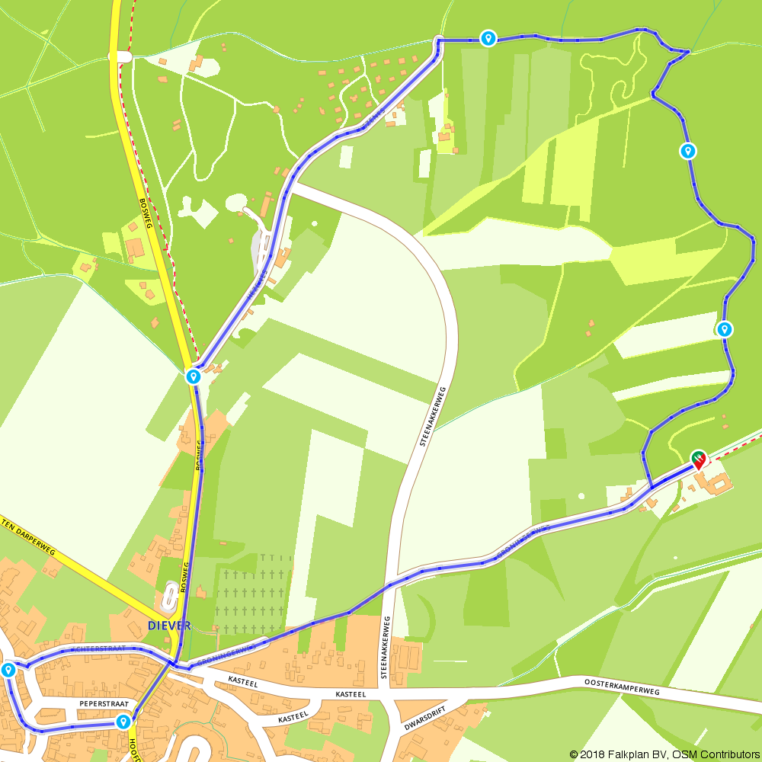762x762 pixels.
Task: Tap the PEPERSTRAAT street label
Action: click(x=97, y=704)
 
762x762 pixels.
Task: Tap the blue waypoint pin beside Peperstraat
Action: click(x=123, y=721)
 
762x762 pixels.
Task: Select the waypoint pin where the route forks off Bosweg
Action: click(x=194, y=376)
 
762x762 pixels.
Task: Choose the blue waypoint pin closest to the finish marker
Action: click(x=724, y=329)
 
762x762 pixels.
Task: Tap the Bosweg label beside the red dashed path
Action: click(x=146, y=215)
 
